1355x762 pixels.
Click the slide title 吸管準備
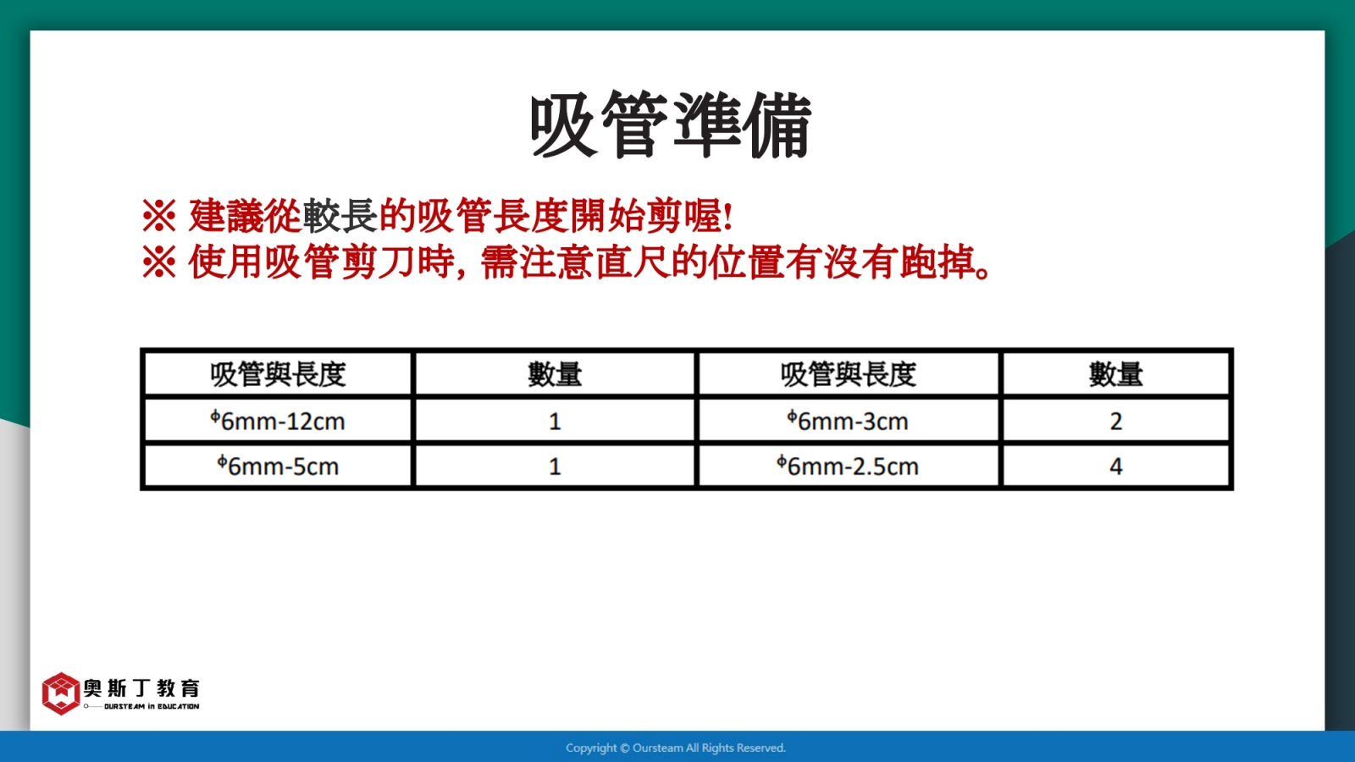coord(671,125)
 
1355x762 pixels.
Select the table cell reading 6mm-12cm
coord(278,420)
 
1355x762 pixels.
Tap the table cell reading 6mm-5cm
coord(278,466)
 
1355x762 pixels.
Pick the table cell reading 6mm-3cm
coord(848,420)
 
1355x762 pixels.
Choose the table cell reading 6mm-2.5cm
coord(848,466)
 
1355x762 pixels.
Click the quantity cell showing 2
coord(1116,420)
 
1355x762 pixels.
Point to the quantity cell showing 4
coord(1116,466)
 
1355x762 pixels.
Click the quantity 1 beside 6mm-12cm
coord(555,420)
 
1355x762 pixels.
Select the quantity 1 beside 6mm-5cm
coord(555,466)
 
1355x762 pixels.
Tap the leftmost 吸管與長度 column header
coord(278,374)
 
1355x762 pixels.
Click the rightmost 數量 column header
coord(1116,374)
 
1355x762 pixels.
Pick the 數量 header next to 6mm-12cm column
coord(555,374)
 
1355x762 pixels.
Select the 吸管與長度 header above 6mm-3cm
coord(848,374)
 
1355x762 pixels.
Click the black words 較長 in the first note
coord(340,216)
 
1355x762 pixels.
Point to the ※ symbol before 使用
coord(159,262)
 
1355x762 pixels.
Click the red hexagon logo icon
coord(60,693)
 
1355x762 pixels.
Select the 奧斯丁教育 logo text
coord(141,688)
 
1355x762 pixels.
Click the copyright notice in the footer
coord(676,748)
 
